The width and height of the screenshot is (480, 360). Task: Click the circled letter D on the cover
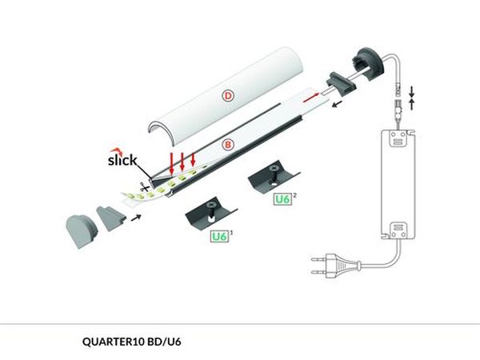click(x=227, y=96)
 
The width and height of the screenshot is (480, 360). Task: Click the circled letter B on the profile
click(x=228, y=145)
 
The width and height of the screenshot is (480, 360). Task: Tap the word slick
click(x=122, y=159)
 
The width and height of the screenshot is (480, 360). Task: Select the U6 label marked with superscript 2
click(x=282, y=198)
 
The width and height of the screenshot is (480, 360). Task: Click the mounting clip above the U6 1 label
click(x=210, y=213)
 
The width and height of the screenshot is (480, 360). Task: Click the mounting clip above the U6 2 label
click(x=273, y=174)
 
